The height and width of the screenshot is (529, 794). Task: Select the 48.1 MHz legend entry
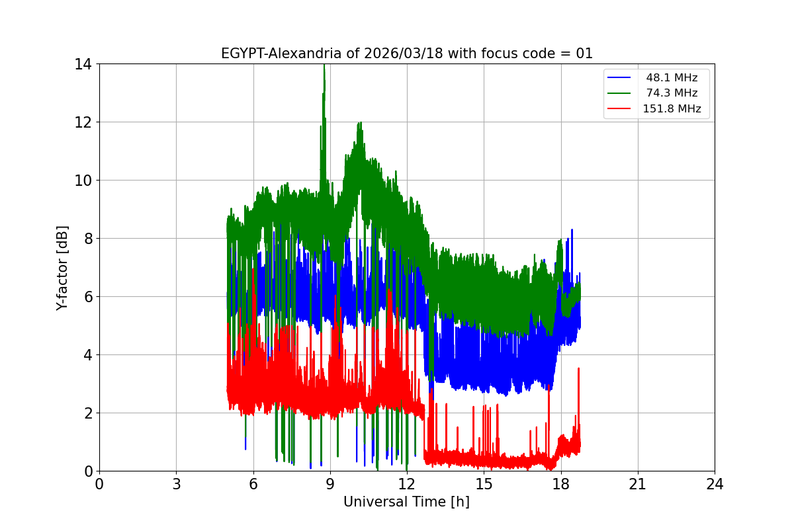pyautogui.click(x=672, y=77)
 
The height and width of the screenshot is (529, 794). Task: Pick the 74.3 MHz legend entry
pyautogui.click(x=672, y=93)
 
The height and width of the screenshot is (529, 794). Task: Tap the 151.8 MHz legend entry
pyautogui.click(x=672, y=109)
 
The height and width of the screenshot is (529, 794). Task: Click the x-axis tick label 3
pyautogui.click(x=176, y=484)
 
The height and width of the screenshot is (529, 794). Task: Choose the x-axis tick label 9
pyautogui.click(x=330, y=484)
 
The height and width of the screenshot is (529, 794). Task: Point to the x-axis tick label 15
pyautogui.click(x=484, y=484)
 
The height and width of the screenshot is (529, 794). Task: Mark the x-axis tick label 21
pyautogui.click(x=638, y=484)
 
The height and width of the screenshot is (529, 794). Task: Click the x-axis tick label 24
pyautogui.click(x=715, y=484)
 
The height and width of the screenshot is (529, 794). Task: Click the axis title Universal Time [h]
pyautogui.click(x=406, y=503)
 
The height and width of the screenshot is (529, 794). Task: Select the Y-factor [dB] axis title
pyautogui.click(x=62, y=267)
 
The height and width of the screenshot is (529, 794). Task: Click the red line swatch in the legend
pyautogui.click(x=620, y=109)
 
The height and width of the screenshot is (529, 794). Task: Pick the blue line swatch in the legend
pyautogui.click(x=620, y=77)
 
